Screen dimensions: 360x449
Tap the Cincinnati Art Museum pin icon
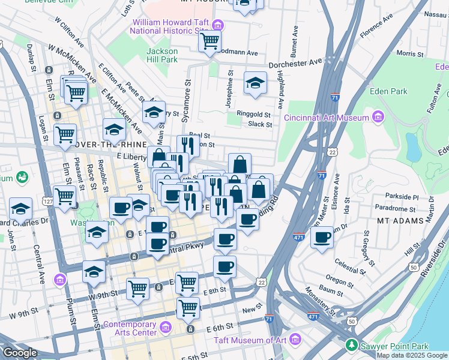click(x=378, y=116)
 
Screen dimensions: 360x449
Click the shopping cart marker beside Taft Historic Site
click(x=210, y=41)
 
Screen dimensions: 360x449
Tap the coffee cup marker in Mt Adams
click(x=322, y=237)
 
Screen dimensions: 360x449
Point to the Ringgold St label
click(x=255, y=115)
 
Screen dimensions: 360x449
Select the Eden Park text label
click(x=389, y=92)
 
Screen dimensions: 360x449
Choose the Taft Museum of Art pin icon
click(x=295, y=340)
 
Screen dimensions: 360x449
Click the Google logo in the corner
click(x=19, y=352)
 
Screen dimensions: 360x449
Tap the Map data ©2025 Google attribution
click(x=412, y=355)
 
